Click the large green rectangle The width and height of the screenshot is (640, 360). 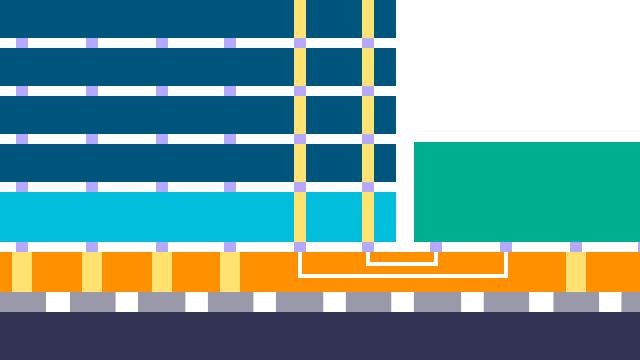527,192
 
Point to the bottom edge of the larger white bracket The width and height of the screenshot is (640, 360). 403,275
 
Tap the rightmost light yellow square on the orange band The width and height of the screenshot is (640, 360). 576,271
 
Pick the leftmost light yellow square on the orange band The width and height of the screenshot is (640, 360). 22,271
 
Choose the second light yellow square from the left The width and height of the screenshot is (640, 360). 92,271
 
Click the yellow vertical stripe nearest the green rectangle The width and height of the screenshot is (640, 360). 368,120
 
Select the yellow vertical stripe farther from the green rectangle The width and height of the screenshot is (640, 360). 300,120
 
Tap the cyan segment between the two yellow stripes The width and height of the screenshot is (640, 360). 334,216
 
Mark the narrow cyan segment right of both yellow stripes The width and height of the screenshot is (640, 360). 385,216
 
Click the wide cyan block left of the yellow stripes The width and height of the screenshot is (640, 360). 146,216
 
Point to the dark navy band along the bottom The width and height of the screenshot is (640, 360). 320,336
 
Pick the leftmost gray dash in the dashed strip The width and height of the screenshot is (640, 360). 22,302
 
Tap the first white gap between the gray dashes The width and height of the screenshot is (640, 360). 58,302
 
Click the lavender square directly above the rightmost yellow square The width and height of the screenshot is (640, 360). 576,246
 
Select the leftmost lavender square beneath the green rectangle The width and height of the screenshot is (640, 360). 436,246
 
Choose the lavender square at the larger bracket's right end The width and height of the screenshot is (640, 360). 506,246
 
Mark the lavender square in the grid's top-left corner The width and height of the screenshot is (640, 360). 22,43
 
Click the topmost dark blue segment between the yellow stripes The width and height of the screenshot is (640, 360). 334,19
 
